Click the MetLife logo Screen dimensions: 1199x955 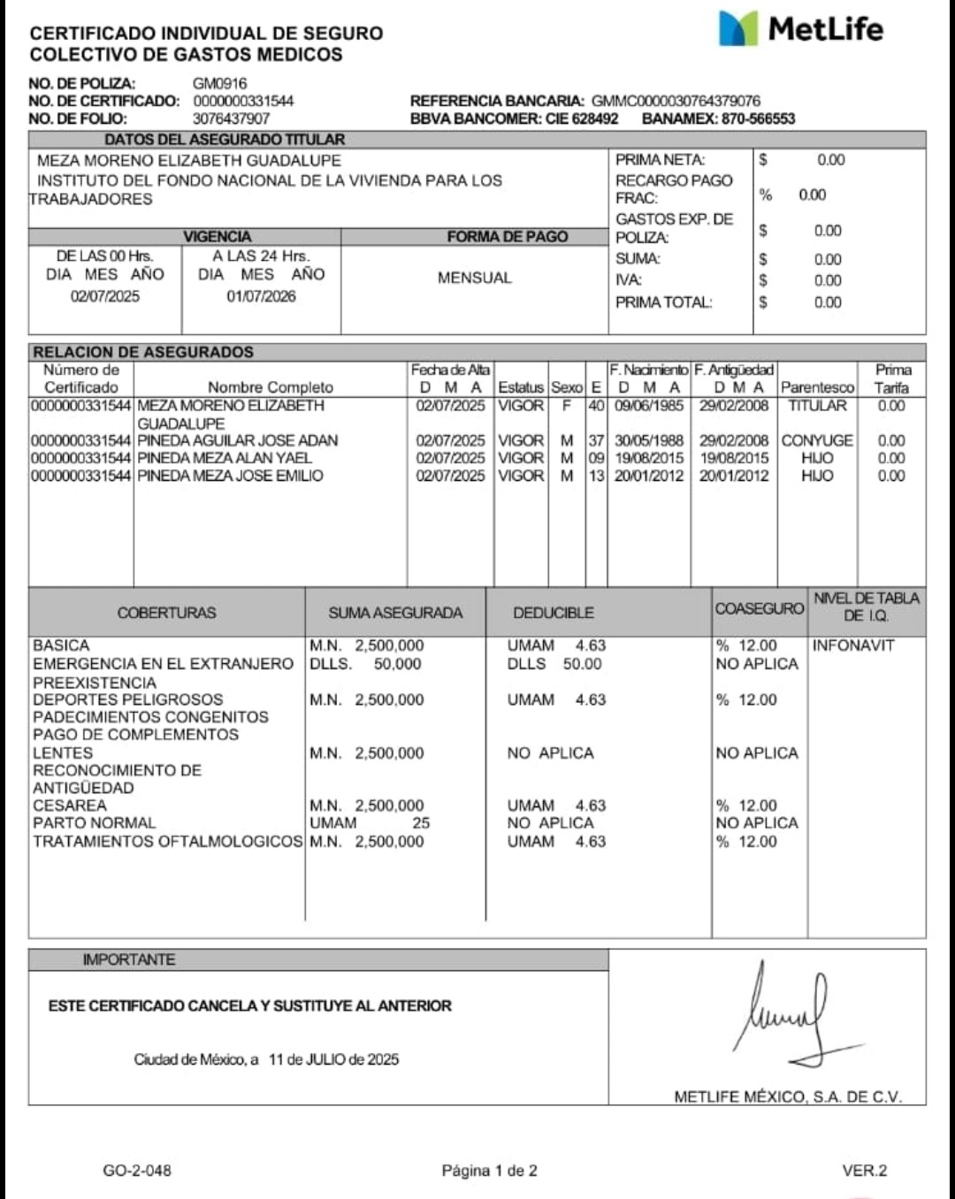[800, 29]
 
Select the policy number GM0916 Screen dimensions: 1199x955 [220, 84]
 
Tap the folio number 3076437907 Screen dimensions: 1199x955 [231, 118]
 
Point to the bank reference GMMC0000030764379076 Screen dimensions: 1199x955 [676, 101]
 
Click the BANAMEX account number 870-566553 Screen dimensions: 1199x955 [758, 118]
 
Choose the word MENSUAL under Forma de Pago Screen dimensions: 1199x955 [474, 278]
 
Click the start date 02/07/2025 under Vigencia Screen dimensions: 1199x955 [105, 296]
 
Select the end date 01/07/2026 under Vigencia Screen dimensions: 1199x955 [261, 296]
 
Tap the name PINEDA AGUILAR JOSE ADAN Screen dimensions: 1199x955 [237, 440]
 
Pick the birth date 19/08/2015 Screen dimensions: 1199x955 [649, 458]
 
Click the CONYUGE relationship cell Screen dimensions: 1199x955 [817, 440]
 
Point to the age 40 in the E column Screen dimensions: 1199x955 [596, 406]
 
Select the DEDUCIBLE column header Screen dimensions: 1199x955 [554, 613]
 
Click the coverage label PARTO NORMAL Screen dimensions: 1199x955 [95, 823]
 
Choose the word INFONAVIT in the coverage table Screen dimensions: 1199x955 [853, 645]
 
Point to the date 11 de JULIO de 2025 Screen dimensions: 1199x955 [333, 1059]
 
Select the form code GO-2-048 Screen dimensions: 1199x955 [137, 1171]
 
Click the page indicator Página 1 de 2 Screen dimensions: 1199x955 [489, 1171]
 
